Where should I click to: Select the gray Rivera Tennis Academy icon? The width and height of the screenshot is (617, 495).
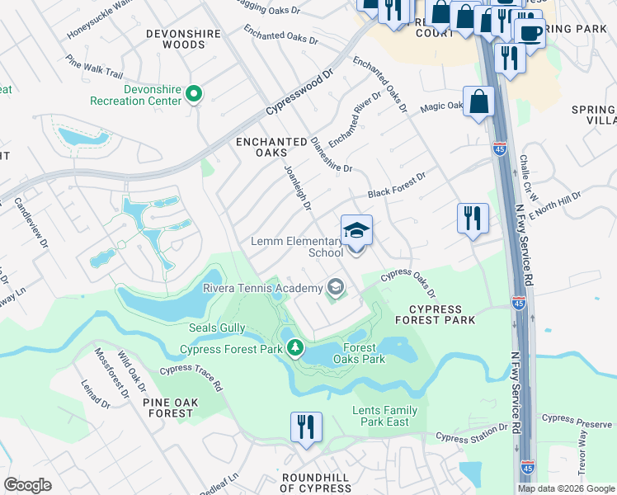(x=335, y=287)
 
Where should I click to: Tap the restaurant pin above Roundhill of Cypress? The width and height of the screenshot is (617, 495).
(x=305, y=428)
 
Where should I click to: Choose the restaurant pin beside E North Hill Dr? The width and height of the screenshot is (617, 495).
(x=473, y=219)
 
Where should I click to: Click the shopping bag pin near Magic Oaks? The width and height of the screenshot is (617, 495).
(x=478, y=103)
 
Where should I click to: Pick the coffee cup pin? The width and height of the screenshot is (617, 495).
(x=529, y=34)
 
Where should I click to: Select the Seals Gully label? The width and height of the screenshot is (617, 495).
(x=214, y=328)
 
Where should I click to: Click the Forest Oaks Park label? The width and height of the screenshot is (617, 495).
(x=359, y=353)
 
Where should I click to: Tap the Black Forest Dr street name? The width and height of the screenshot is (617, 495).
(x=397, y=184)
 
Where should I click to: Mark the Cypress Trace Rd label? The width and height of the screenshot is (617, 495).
(x=191, y=378)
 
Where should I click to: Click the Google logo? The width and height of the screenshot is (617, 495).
(x=28, y=485)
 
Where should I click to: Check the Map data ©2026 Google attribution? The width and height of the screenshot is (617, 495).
(x=565, y=488)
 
